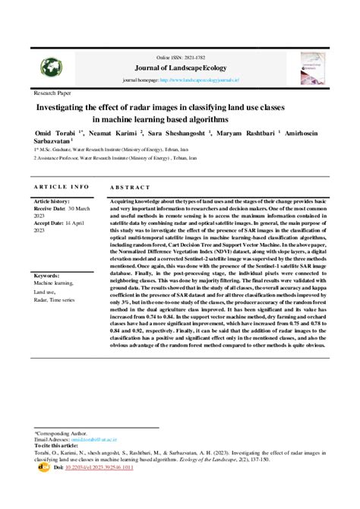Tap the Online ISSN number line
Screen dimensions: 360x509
pos(180,57)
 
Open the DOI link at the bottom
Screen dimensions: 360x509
pos(89,467)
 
